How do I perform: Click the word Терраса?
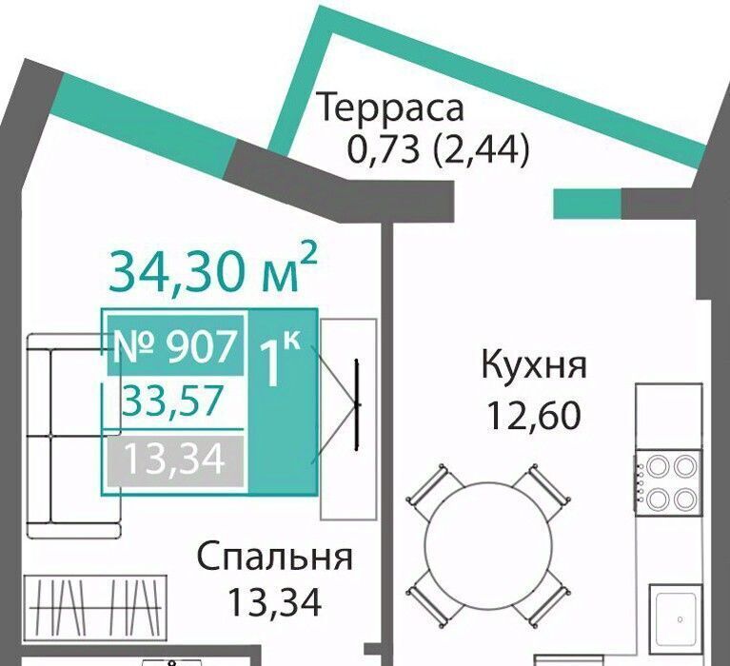[x=390, y=108]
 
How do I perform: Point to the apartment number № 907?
[x=175, y=345]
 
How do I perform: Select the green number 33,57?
[x=170, y=401]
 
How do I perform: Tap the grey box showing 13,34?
[x=175, y=460]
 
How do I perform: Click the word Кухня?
[x=534, y=366]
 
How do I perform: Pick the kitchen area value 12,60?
[x=534, y=415]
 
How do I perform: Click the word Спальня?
[x=275, y=558]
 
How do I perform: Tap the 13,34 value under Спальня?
[x=275, y=601]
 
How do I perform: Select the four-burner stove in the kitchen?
[x=668, y=483]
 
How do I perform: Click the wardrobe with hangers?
[x=94, y=601]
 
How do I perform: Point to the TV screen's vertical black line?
[x=357, y=405]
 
